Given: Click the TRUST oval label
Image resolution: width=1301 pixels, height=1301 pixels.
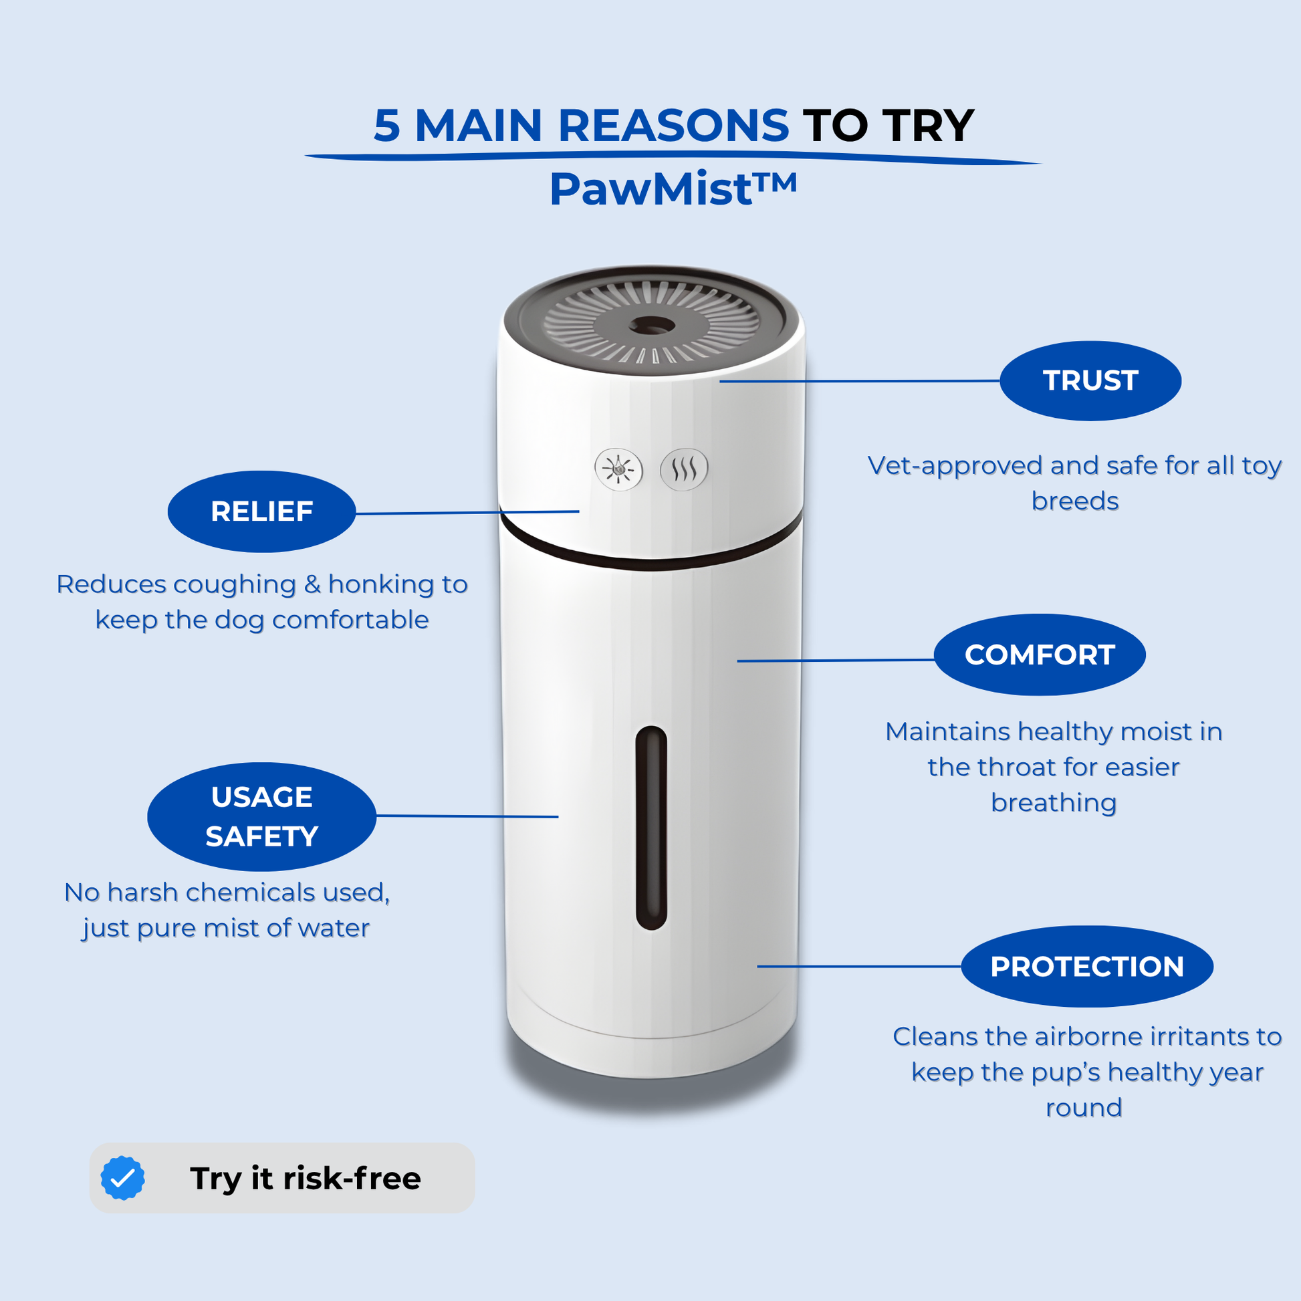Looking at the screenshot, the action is pyautogui.click(x=1090, y=381).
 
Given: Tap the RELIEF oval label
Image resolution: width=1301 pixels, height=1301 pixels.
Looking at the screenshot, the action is pyautogui.click(x=262, y=512).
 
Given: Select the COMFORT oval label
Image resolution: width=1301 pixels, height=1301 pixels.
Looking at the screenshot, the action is pyautogui.click(x=1040, y=655).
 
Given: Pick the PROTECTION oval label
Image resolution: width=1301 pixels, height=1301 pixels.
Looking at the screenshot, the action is pyautogui.click(x=1087, y=966).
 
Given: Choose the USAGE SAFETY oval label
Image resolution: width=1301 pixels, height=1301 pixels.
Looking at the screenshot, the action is pyautogui.click(x=262, y=817).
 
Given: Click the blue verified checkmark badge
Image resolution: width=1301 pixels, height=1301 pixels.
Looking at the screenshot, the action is pyautogui.click(x=122, y=1178).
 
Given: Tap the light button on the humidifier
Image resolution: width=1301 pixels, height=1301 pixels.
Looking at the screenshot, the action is pyautogui.click(x=618, y=469).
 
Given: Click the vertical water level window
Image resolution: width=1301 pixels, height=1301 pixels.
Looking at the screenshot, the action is pyautogui.click(x=651, y=828).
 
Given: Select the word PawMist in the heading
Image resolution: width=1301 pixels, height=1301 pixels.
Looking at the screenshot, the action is pyautogui.click(x=650, y=189).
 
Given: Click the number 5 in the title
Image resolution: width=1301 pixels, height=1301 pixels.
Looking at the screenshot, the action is pyautogui.click(x=386, y=126).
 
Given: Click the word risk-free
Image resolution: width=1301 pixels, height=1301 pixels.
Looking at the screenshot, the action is pyautogui.click(x=352, y=1179).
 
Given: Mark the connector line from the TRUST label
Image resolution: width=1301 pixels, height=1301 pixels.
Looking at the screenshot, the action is pyautogui.click(x=859, y=381).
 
